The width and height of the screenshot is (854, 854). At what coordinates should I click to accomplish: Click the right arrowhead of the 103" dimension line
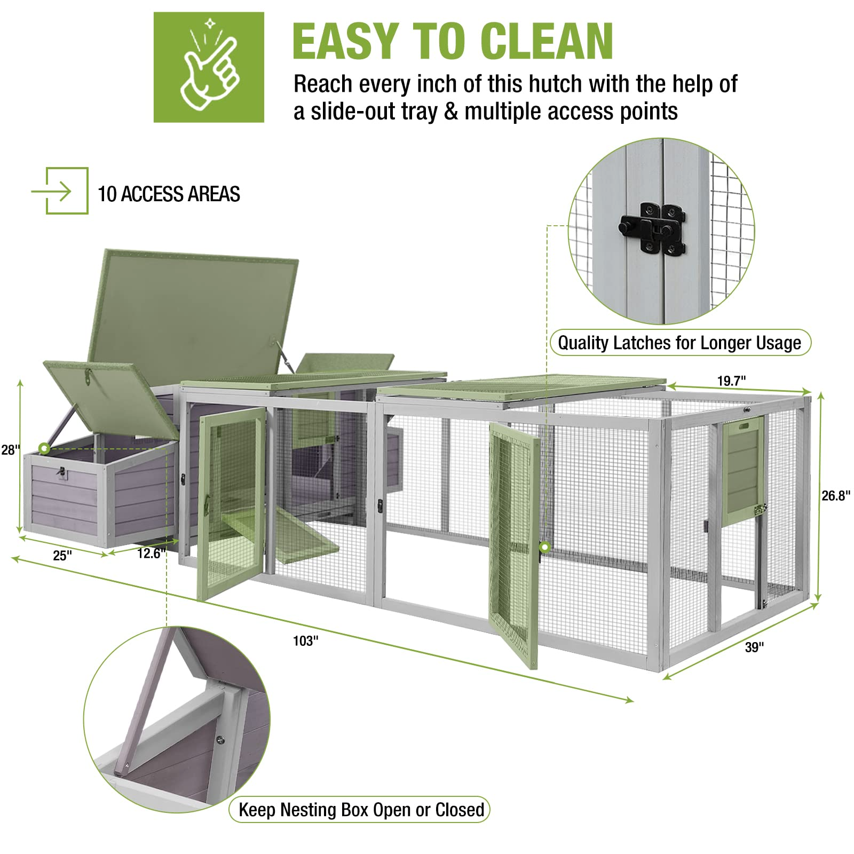pyautogui.click(x=631, y=700)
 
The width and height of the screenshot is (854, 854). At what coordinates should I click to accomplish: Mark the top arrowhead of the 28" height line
pyautogui.click(x=20, y=383)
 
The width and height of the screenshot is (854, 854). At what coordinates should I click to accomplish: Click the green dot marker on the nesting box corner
pyautogui.click(x=44, y=448)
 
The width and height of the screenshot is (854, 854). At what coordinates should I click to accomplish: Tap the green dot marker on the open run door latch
pyautogui.click(x=545, y=547)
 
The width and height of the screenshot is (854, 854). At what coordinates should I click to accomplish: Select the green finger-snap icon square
pyautogui.click(x=209, y=67)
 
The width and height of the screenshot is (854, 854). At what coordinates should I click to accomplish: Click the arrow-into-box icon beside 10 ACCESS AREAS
pyautogui.click(x=60, y=191)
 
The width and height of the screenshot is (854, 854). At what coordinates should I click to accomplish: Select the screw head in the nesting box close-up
pyautogui.click(x=219, y=740)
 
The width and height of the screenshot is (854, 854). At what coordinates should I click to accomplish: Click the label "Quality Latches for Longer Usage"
pyautogui.click(x=680, y=343)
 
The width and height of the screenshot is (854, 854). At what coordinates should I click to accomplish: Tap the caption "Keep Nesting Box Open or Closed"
pyautogui.click(x=361, y=810)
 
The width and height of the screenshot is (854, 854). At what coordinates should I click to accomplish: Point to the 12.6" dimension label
pyautogui.click(x=150, y=553)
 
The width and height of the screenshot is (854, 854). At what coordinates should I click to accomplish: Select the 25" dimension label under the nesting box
pyautogui.click(x=62, y=556)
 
